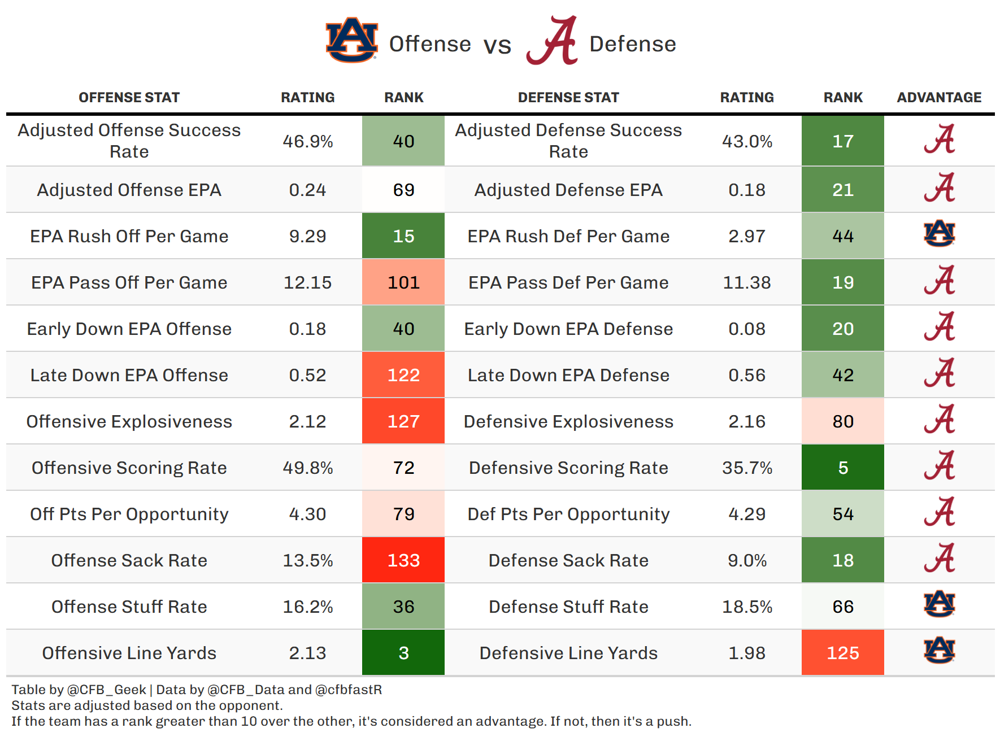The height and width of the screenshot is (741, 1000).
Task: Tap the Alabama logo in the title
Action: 553,41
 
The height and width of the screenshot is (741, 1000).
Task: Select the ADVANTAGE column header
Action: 939,98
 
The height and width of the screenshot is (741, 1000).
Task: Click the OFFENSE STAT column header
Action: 129,98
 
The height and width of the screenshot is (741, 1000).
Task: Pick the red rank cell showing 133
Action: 403,560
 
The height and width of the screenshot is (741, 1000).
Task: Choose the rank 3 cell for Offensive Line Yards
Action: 403,653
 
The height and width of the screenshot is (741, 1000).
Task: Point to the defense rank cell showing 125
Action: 843,653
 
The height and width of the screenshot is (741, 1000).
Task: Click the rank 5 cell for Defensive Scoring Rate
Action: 843,468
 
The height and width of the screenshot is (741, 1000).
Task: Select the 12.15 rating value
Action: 307,282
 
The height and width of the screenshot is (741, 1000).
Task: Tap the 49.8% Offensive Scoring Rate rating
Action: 307,468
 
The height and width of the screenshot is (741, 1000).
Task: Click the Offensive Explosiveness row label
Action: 129,421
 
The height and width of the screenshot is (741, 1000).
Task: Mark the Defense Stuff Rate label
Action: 568,607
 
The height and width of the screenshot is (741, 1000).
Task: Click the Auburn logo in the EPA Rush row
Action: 939,234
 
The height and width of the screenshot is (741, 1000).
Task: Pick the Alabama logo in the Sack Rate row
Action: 939,558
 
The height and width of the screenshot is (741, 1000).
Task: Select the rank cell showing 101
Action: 403,282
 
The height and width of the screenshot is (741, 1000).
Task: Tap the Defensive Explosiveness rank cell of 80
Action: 843,421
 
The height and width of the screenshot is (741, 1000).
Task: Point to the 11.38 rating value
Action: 747,282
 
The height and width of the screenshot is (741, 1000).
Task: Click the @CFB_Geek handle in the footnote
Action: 107,690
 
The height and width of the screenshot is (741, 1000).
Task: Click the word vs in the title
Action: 497,45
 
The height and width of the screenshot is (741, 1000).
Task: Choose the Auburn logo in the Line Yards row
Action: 939,651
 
